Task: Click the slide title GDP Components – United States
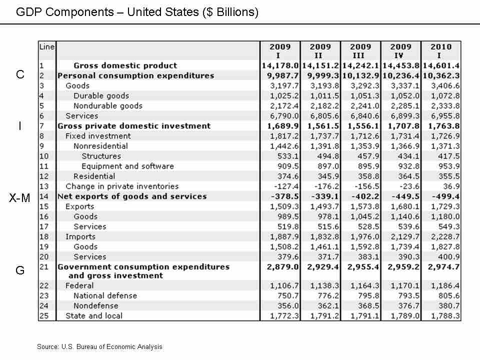[137, 12]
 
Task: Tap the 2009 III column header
[360, 51]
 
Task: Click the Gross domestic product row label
[125, 65]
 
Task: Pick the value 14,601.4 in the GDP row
[441, 65]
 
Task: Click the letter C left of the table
[20, 75]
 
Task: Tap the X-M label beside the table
[20, 198]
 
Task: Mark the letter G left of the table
[20, 270]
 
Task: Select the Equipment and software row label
[127, 166]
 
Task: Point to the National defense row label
[105, 295]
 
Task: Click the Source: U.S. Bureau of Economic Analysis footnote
[99, 346]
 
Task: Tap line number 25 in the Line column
[43, 315]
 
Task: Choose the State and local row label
[94, 315]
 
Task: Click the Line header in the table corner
[47, 46]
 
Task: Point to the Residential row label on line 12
[94, 176]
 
